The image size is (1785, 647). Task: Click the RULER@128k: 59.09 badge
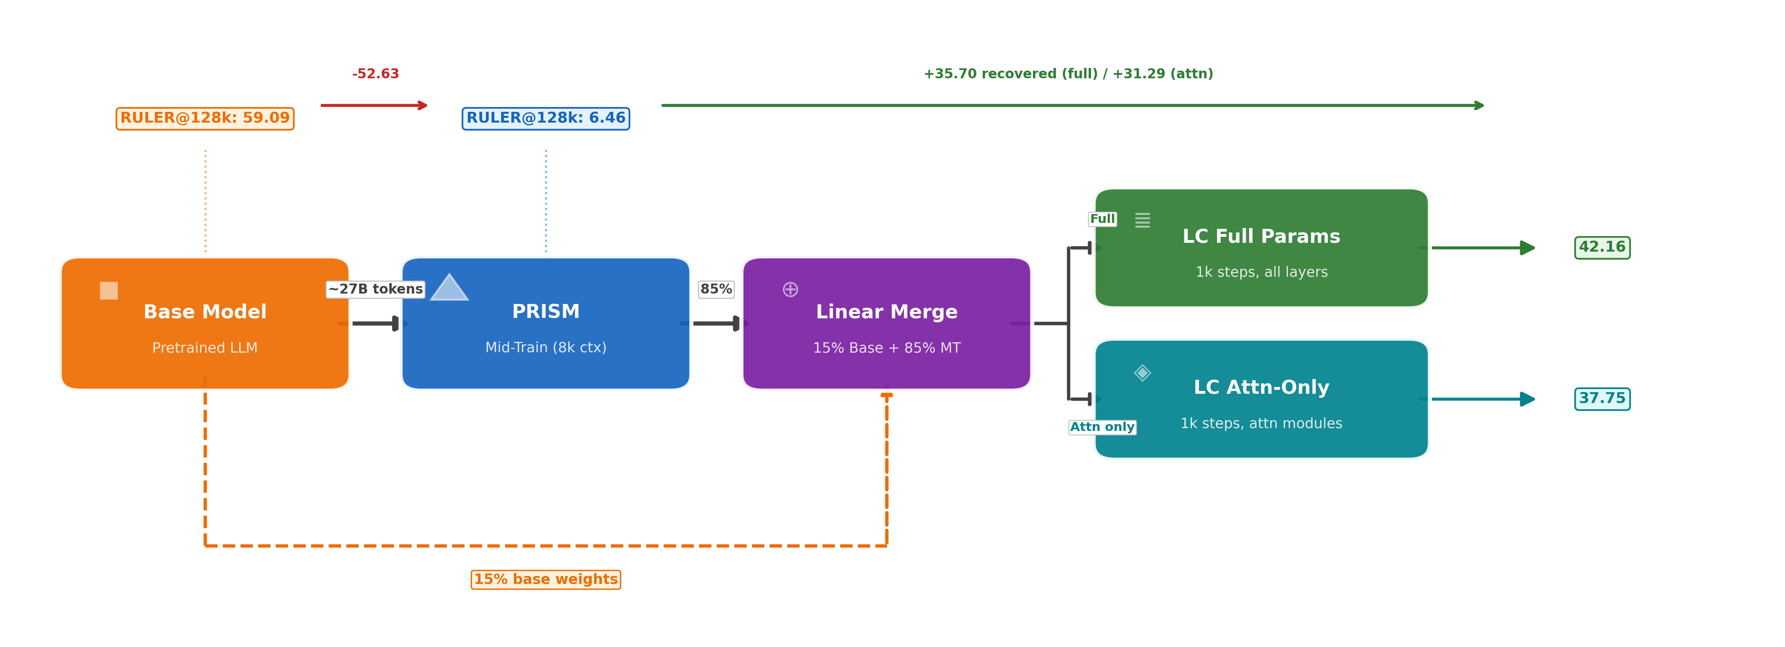click(205, 119)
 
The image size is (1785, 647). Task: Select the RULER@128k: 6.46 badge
click(545, 119)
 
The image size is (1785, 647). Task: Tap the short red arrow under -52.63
click(374, 106)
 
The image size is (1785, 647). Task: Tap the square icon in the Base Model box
click(109, 291)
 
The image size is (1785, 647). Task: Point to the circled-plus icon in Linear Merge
click(790, 290)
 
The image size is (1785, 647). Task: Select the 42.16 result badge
click(1602, 247)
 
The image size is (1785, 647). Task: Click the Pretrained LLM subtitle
click(205, 348)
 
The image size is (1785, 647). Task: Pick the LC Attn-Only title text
click(1261, 387)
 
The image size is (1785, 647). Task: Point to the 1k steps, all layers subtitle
click(1261, 272)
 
